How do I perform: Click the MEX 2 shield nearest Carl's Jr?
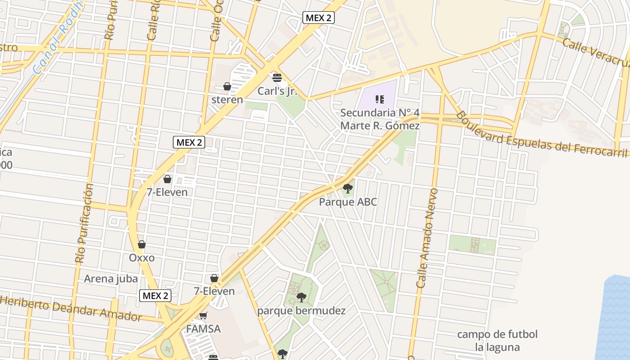pos(318,18)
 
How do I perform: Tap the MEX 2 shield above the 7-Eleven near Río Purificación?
pos(189,143)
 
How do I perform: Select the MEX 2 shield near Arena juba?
pos(155,296)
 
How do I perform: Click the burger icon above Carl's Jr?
pos(277,77)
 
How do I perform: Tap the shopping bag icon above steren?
pos(227,86)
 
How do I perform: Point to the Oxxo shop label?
pos(142,258)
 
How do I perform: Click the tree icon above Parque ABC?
pos(347,188)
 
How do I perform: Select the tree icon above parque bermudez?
pos(301,297)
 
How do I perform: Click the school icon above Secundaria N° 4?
pos(379,99)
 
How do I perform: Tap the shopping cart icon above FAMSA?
pos(203,316)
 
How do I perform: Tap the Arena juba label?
pos(111,279)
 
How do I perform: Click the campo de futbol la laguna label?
pos(497,341)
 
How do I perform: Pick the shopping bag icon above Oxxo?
pos(142,244)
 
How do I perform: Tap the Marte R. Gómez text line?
pos(380,126)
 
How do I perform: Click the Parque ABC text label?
pos(348,202)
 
